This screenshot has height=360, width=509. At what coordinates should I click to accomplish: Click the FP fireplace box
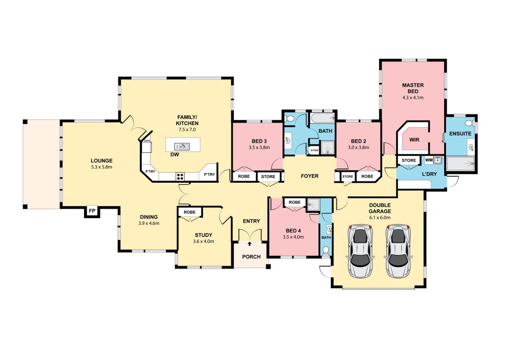click(x=92, y=211)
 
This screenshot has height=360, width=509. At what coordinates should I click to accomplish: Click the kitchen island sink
click(x=182, y=146)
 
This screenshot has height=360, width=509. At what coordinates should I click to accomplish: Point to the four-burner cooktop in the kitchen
click(x=180, y=176)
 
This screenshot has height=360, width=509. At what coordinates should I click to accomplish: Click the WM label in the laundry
click(x=429, y=160)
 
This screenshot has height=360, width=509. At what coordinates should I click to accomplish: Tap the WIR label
click(x=414, y=139)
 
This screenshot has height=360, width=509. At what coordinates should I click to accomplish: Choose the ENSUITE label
click(x=460, y=133)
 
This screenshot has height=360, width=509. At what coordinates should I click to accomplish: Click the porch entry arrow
click(x=250, y=243)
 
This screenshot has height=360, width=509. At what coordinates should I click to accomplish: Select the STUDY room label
click(x=203, y=235)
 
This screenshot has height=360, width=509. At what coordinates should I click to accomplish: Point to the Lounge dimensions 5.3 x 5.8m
click(x=102, y=167)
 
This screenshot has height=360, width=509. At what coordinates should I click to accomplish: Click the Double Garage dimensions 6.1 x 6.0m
click(x=380, y=217)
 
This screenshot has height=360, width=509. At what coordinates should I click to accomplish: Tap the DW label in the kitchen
click(x=175, y=154)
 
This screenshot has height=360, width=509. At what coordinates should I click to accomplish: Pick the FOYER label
click(x=310, y=176)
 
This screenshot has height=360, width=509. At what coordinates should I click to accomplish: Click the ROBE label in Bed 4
click(x=295, y=202)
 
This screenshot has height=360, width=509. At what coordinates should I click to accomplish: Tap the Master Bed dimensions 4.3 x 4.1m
click(x=413, y=97)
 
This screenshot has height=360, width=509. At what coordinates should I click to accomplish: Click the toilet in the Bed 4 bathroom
click(x=326, y=250)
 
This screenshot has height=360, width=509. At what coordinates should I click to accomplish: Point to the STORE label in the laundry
click(x=409, y=160)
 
